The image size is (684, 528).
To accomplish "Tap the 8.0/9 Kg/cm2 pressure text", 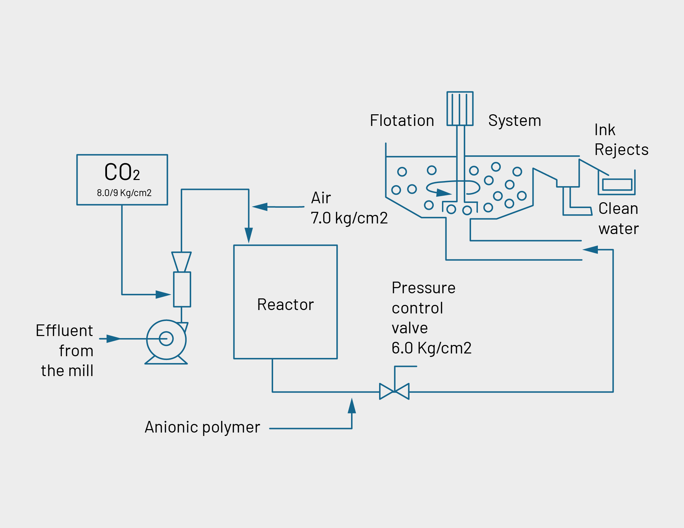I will tap(124, 193).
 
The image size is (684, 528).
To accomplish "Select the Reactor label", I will tap(285, 305).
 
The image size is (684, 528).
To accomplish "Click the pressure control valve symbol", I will tap(394, 391).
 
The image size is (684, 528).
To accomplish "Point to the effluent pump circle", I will tap(166, 339).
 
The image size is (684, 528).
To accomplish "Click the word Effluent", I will tap(64, 331).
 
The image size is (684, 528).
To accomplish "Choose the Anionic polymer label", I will tap(202, 427).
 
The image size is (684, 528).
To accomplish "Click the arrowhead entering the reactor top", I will tap(249, 235).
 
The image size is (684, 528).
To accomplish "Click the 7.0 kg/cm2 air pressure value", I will tap(349, 218).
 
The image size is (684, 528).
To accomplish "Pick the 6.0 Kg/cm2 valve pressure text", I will tap(431, 348).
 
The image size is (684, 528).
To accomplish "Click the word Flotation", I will tap(402, 120).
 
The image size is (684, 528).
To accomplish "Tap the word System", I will tap(514, 120).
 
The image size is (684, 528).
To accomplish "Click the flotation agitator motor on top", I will tap(460, 108).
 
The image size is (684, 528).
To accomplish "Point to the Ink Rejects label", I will tap(621, 140).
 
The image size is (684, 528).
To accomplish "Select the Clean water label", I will tap(618, 218).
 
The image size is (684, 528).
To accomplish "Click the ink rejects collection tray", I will tap(617, 185).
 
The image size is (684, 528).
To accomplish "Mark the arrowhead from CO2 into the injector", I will tap(163, 294).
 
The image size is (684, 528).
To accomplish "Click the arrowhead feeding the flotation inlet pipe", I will tap(590, 250).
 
